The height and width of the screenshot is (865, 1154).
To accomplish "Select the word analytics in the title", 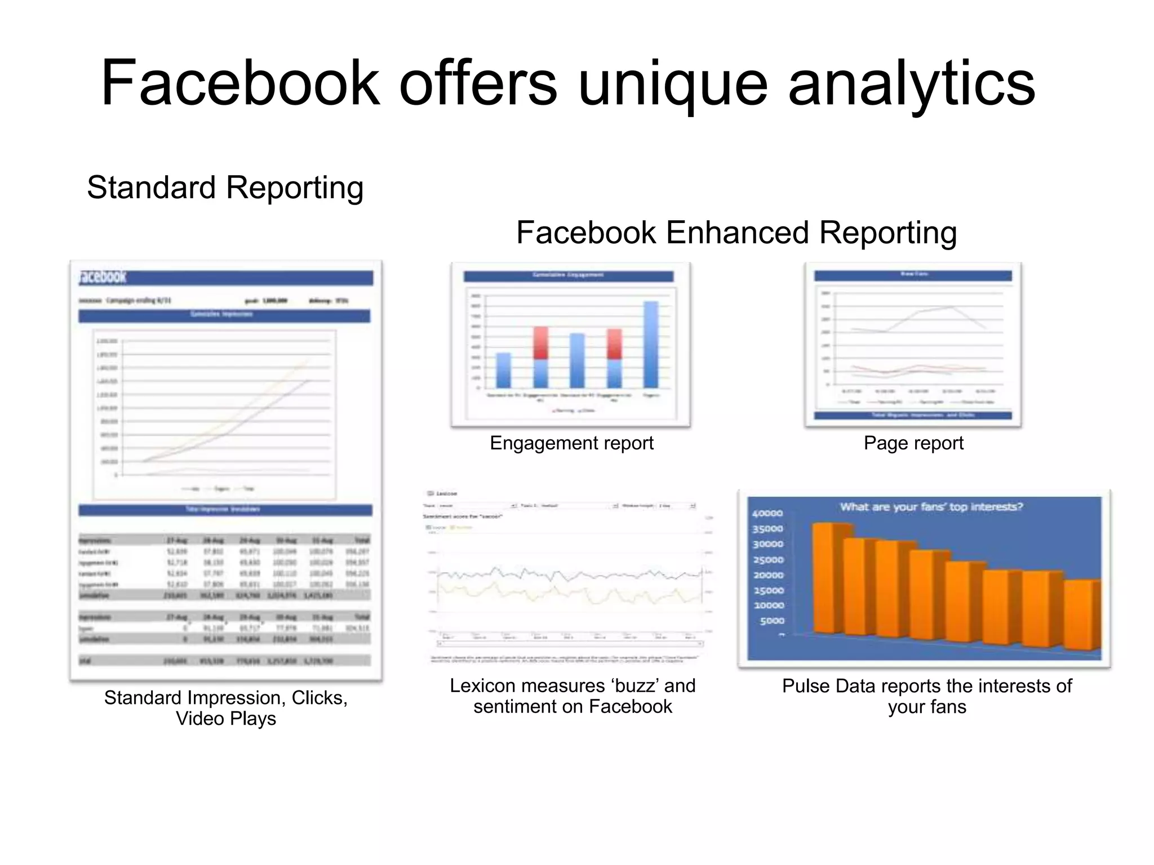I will pyautogui.click(x=911, y=84).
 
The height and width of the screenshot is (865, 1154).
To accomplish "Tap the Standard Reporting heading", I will pyautogui.click(x=225, y=188).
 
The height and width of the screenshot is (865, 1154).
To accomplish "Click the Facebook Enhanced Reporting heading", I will pyautogui.click(x=736, y=233).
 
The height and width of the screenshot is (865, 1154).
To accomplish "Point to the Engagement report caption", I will pyautogui.click(x=571, y=443).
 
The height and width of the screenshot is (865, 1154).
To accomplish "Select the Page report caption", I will pyautogui.click(x=913, y=443).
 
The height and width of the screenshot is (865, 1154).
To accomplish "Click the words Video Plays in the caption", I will pyautogui.click(x=226, y=719).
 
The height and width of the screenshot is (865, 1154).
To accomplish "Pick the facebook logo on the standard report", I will pyautogui.click(x=103, y=277).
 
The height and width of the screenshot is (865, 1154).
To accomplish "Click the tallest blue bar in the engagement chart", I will pyautogui.click(x=651, y=345).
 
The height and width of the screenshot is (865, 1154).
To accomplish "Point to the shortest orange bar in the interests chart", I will pyautogui.click(x=1080, y=616).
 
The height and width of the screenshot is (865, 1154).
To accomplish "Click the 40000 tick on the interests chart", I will pyautogui.click(x=767, y=514).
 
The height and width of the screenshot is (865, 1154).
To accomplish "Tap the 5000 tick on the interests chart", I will pyautogui.click(x=771, y=621).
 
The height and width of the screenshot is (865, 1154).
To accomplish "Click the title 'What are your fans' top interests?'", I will pyautogui.click(x=931, y=507).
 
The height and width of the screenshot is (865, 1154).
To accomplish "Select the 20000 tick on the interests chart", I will pyautogui.click(x=768, y=575).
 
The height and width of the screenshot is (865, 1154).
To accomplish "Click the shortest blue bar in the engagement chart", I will pyautogui.click(x=503, y=370).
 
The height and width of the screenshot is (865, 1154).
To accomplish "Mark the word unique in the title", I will pyautogui.click(x=673, y=84).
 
